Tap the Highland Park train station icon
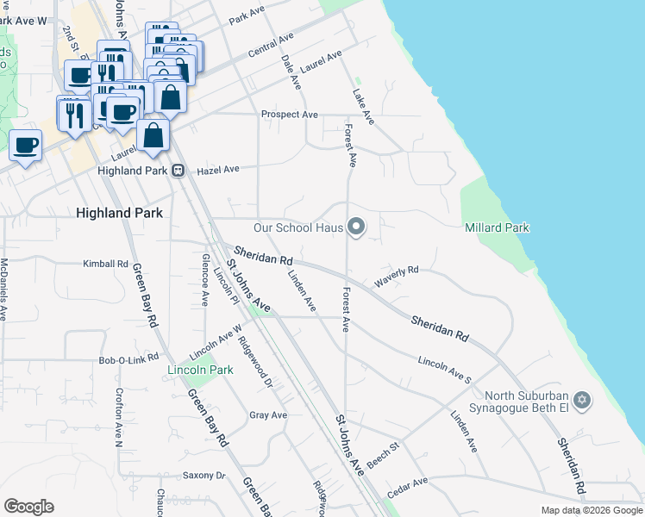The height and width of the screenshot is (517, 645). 178,171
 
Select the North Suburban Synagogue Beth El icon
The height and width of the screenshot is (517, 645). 581,401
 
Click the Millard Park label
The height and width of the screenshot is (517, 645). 497,227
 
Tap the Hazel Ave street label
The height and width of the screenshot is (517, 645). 218,171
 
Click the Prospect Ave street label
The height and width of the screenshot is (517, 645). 290,115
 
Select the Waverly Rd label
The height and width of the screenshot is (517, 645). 396,276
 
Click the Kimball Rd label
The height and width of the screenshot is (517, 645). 105,264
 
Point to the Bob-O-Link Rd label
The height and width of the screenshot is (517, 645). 128,358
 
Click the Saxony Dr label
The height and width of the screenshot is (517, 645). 204,476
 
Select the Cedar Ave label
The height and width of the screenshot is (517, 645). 407,488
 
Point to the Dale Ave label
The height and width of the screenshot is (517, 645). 291,72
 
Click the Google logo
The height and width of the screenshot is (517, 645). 29,507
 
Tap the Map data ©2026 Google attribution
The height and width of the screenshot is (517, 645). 591,510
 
